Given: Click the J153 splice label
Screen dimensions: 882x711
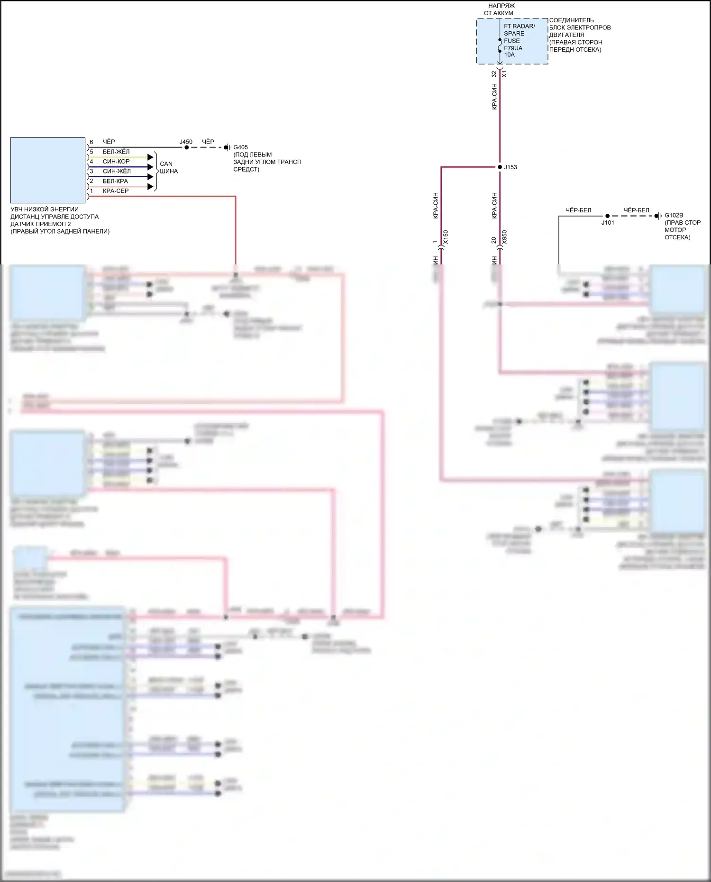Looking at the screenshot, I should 510,167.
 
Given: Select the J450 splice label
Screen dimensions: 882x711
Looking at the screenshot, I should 186,142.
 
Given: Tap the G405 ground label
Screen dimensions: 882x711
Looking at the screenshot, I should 240,147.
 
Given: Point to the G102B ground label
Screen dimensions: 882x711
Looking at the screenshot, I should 674,215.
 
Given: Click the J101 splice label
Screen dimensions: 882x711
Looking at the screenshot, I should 608,222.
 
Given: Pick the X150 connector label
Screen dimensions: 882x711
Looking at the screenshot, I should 445,237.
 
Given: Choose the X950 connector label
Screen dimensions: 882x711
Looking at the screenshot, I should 504,237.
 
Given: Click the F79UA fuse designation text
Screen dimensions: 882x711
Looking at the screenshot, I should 513,48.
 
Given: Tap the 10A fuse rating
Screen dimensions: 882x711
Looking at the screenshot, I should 509,55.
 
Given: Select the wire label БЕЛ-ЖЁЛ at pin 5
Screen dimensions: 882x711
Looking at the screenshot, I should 116,152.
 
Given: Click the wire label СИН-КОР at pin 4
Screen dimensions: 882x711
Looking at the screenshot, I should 116,162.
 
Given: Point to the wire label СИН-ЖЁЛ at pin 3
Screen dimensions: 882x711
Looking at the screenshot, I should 117,171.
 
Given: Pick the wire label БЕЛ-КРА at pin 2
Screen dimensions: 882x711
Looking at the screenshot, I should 115,181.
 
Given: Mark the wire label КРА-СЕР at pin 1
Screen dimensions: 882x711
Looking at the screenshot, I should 116,191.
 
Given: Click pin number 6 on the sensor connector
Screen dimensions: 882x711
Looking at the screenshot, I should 91,142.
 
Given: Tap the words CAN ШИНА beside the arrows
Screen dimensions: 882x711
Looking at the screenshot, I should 168,167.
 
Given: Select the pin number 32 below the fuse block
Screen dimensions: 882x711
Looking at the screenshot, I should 494,74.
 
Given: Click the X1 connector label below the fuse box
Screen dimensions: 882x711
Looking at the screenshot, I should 504,74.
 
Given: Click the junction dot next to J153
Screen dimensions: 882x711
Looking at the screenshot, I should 500,167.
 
